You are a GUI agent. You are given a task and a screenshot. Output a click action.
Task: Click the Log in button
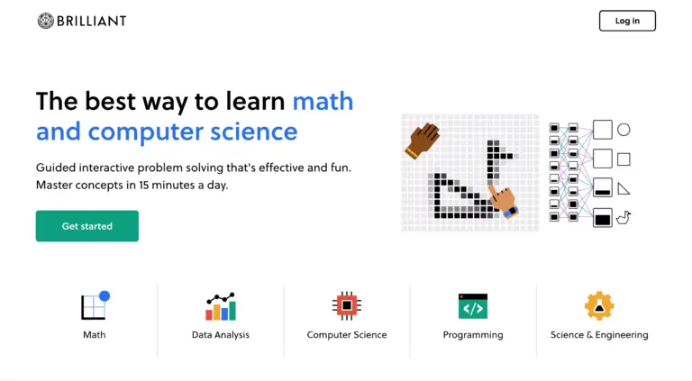coord(627,21)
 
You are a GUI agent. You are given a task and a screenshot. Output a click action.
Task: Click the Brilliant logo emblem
coord(45,21)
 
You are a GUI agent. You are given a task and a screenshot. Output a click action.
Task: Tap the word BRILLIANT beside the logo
coord(91,21)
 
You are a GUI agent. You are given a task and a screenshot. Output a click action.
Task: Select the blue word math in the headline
coord(323,101)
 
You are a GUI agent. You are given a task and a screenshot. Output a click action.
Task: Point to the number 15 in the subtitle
coord(143,185)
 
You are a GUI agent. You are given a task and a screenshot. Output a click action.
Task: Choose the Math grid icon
coord(95,305)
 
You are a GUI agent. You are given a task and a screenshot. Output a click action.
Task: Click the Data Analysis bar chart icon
coord(221,306)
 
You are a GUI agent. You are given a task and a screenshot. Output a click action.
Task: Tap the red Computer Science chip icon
coord(347,305)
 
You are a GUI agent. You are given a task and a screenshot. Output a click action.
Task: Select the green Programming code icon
coord(473,306)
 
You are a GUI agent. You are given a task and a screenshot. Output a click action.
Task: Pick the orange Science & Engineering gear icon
coord(599,305)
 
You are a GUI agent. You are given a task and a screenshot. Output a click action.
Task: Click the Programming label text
coord(473,335)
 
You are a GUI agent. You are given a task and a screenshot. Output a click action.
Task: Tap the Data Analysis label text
coord(221,335)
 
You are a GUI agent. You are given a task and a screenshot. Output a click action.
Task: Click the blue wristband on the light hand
coord(511,212)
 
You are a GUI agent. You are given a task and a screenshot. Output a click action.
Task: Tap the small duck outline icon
coord(624,218)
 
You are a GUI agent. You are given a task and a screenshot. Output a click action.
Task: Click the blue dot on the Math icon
coord(105,296)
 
